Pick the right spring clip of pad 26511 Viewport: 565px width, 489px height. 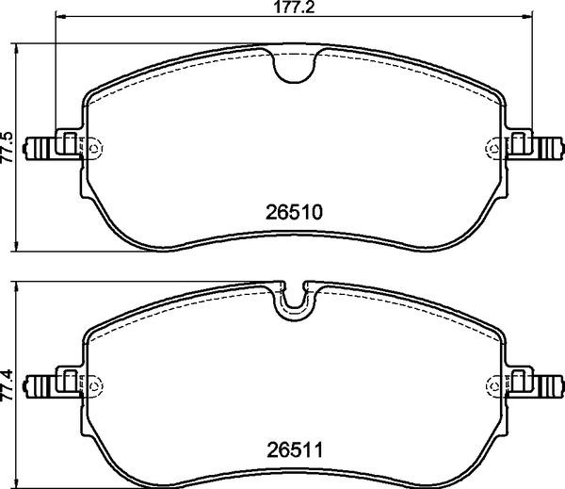point(533,384)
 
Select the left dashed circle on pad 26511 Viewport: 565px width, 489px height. point(95,384)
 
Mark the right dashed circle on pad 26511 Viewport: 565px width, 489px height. point(492,384)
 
